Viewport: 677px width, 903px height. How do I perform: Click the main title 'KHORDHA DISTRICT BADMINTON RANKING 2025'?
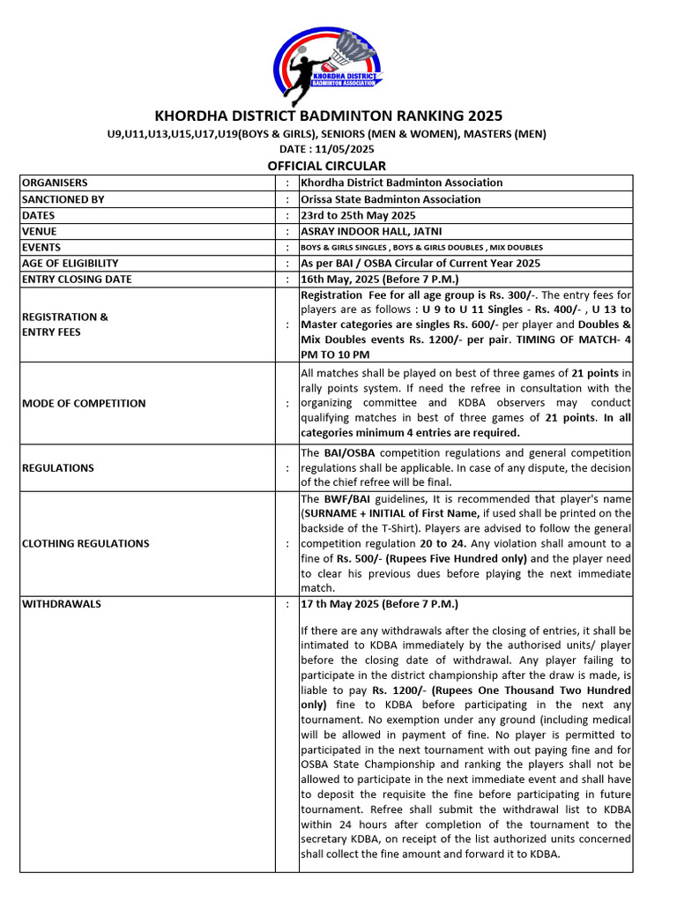(328, 116)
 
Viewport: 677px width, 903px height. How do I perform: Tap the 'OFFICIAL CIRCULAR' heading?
(327, 166)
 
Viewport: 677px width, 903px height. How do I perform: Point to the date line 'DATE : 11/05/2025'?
(327, 149)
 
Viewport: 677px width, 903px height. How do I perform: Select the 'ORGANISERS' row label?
(55, 183)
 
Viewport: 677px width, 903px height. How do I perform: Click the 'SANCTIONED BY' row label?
(63, 199)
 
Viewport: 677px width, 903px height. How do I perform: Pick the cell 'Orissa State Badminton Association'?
(391, 199)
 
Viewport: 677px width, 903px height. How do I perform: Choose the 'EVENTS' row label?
(41, 248)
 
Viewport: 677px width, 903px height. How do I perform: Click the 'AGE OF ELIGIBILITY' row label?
(70, 264)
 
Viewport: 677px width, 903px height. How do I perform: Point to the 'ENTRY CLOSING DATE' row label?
(77, 280)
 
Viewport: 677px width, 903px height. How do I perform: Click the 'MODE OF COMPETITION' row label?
(84, 403)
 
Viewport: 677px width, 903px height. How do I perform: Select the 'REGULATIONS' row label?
(58, 467)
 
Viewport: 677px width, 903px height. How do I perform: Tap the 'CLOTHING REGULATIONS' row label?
(86, 543)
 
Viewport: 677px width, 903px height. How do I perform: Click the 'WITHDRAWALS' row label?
(62, 604)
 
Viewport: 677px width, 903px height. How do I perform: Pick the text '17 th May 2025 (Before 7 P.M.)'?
(380, 604)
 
